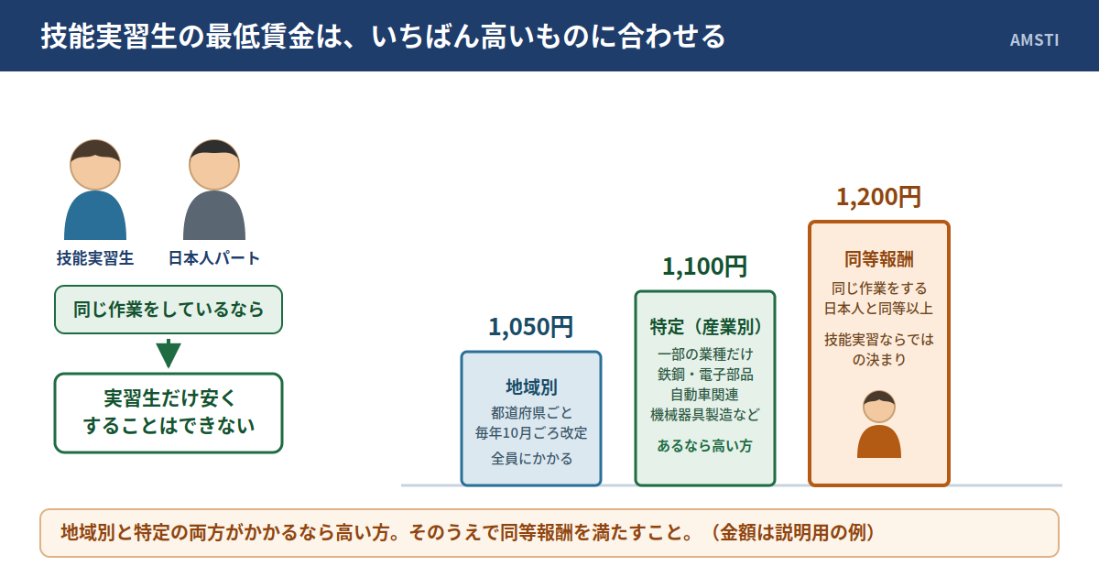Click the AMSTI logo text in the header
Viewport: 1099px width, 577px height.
coord(1034,39)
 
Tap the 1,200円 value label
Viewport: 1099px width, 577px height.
coord(878,197)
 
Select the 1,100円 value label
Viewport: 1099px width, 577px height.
coord(704,267)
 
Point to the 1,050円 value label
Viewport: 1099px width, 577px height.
coord(531,327)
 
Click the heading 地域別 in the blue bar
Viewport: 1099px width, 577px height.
coord(531,387)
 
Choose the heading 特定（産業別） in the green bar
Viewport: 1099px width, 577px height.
coord(705,327)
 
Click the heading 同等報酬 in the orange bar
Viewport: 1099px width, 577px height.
coord(878,259)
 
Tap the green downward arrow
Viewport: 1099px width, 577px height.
coord(169,354)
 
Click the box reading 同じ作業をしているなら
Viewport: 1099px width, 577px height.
coord(169,310)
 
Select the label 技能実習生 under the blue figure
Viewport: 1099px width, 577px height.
coord(95,258)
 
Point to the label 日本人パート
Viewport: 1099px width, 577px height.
coord(214,258)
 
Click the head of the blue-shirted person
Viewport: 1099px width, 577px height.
coord(95,165)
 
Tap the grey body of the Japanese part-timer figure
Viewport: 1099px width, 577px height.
coord(214,215)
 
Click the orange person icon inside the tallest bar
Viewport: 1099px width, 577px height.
coord(878,424)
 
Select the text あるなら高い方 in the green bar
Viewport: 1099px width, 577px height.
coord(704,445)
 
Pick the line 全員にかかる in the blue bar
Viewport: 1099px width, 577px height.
coord(531,458)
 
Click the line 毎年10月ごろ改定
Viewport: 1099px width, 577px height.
coord(531,432)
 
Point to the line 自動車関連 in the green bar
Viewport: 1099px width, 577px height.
coord(704,395)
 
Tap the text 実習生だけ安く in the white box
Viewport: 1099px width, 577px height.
coord(169,398)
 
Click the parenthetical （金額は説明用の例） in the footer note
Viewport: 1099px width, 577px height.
coord(792,533)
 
